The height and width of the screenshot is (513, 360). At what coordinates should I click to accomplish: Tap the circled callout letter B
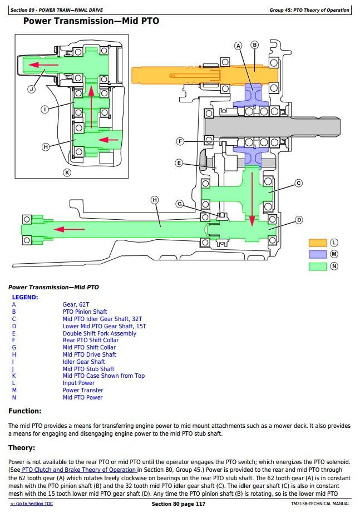pyautogui.click(x=255, y=45)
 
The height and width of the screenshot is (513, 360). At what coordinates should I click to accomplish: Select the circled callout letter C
pyautogui.click(x=298, y=182)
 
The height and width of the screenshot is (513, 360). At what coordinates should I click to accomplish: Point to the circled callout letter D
pyautogui.click(x=299, y=220)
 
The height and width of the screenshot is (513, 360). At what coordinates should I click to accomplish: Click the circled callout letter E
pyautogui.click(x=179, y=163)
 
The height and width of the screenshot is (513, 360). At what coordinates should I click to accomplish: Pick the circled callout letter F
pyautogui.click(x=180, y=141)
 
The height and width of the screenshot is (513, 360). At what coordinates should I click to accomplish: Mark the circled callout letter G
pyautogui.click(x=179, y=204)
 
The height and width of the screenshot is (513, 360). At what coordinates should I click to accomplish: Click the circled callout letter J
pyautogui.click(x=31, y=88)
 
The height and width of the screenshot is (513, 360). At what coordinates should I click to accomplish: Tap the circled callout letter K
pyautogui.click(x=67, y=172)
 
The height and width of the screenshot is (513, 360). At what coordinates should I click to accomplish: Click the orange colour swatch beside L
pyautogui.click(x=318, y=243)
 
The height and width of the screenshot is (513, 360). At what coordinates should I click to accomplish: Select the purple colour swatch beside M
pyautogui.click(x=318, y=254)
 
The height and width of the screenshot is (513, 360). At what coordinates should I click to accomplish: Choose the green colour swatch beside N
pyautogui.click(x=318, y=266)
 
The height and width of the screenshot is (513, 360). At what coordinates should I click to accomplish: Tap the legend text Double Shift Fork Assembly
pyautogui.click(x=99, y=333)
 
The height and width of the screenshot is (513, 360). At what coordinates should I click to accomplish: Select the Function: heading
pyautogui.click(x=24, y=411)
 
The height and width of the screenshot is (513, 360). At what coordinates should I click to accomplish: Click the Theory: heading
pyautogui.click(x=22, y=448)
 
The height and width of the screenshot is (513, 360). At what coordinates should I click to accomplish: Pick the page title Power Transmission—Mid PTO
pyautogui.click(x=91, y=21)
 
